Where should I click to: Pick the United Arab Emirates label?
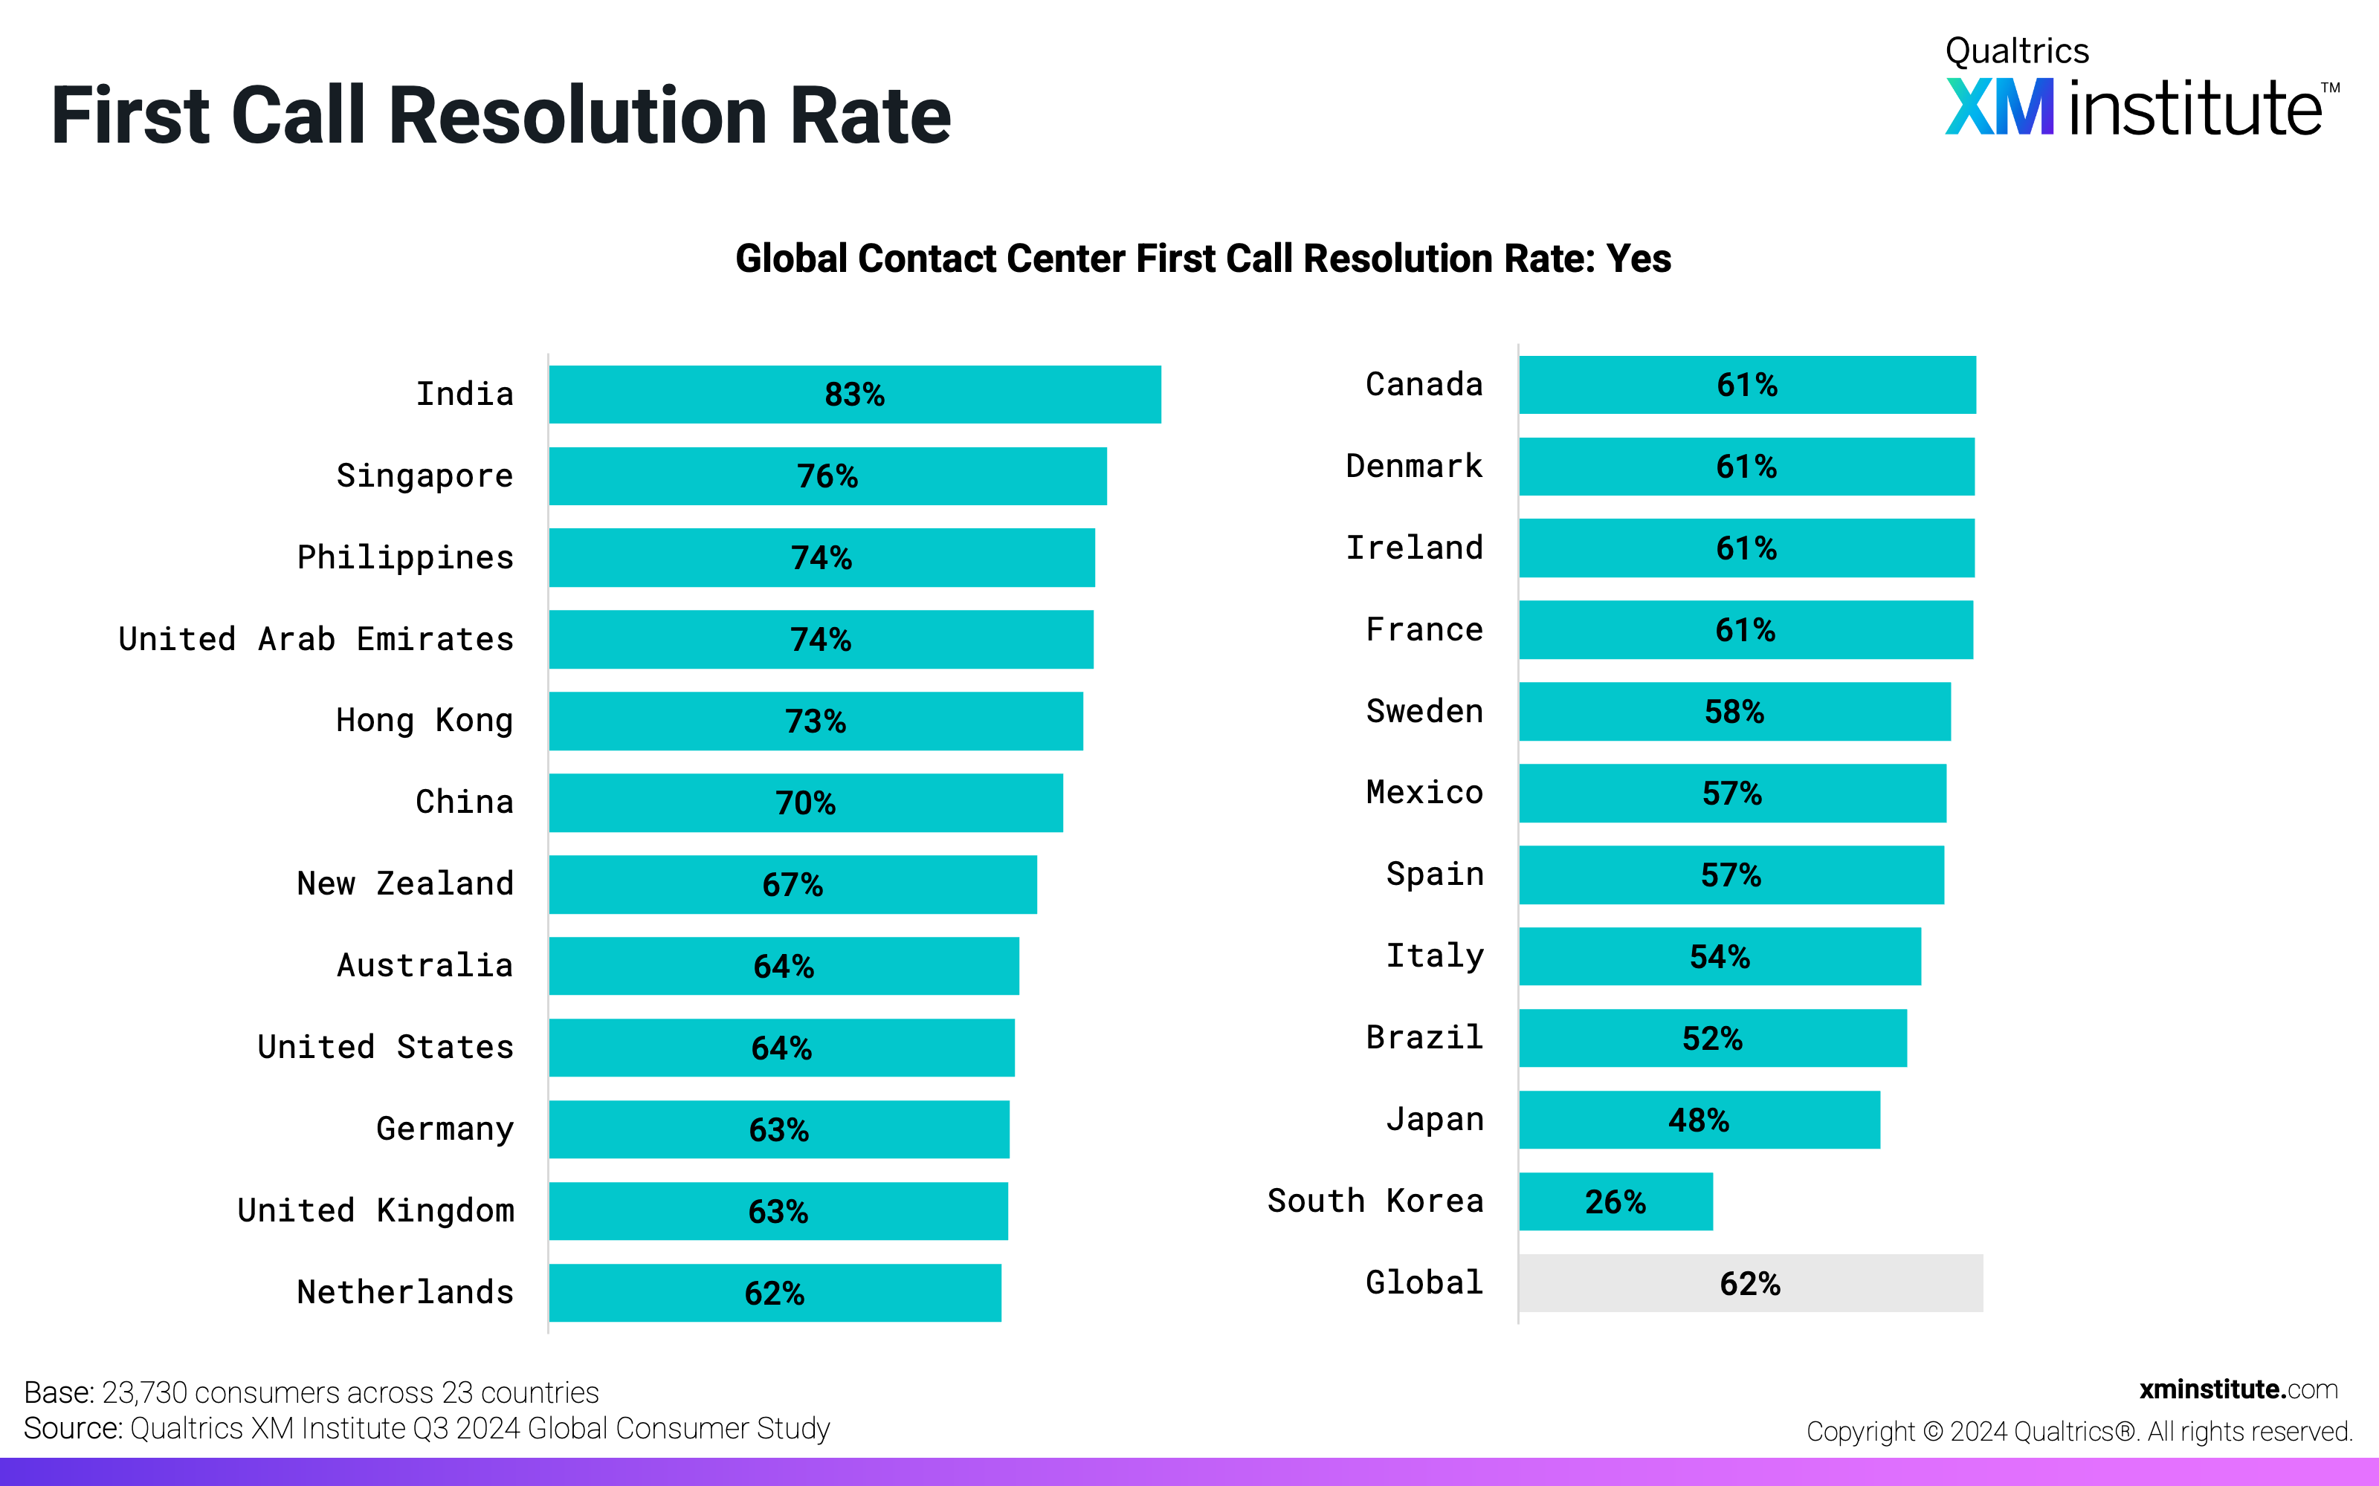[x=315, y=640]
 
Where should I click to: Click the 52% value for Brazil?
[x=1711, y=1039]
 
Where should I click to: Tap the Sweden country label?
[x=1424, y=710]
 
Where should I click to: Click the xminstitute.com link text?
[x=2238, y=1389]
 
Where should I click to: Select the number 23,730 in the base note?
[x=144, y=1392]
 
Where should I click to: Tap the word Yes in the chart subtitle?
[x=1638, y=259]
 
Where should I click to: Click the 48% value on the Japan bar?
[x=1698, y=1120]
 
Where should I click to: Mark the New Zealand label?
[x=405, y=883]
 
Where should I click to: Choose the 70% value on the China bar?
[x=805, y=803]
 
